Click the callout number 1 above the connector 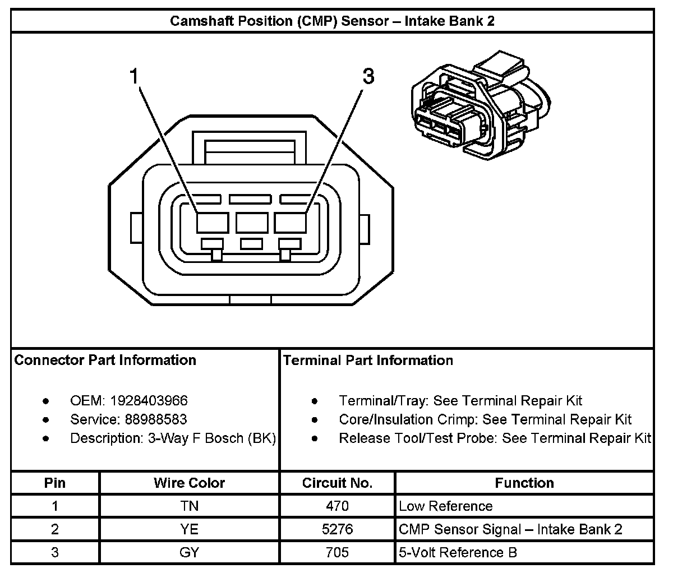click(x=134, y=76)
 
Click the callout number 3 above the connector click(x=368, y=76)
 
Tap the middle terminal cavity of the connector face click(x=251, y=223)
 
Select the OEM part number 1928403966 click(x=149, y=401)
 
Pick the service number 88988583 click(x=149, y=419)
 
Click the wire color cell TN click(x=189, y=506)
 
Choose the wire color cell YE click(x=189, y=529)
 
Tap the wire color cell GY click(x=189, y=552)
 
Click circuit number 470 click(x=337, y=506)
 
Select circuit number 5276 click(x=337, y=529)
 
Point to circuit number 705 click(x=337, y=552)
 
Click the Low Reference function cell click(x=445, y=506)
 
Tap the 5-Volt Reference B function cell click(x=458, y=552)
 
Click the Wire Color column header click(x=189, y=483)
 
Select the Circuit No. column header click(x=337, y=483)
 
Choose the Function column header click(x=524, y=483)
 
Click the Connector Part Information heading click(x=105, y=360)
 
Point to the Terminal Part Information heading click(x=368, y=360)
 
